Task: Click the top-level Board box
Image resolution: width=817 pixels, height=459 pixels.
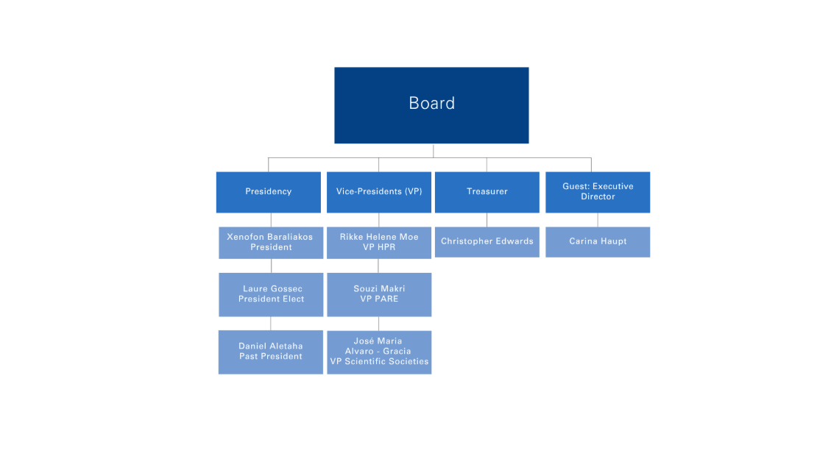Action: coord(431,105)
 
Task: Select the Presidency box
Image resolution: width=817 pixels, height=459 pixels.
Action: coord(269,192)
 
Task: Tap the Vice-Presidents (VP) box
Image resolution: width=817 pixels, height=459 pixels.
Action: coord(379,192)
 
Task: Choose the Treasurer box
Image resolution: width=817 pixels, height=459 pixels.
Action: coord(487,192)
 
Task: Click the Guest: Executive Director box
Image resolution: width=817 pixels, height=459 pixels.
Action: coord(598,192)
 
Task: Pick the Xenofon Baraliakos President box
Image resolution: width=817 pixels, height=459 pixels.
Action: coord(271,243)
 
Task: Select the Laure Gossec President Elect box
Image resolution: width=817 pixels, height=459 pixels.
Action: coord(271,294)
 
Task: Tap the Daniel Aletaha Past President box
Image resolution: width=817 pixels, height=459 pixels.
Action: coord(271,352)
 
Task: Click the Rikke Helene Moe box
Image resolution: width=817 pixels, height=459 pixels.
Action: coord(379,243)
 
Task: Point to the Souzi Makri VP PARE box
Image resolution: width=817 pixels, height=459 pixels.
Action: coord(379,294)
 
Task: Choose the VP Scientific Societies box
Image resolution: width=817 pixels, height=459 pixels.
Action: coord(379,352)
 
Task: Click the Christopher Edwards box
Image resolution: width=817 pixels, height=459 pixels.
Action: coord(487,242)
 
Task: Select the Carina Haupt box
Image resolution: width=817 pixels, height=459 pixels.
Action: coord(598,242)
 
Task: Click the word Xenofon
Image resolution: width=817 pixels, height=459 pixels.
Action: coord(245,237)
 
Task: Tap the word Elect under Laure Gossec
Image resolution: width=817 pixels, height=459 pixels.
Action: coord(294,299)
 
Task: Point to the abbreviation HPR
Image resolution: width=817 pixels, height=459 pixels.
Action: coord(386,247)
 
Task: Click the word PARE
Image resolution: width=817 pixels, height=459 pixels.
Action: coord(386,299)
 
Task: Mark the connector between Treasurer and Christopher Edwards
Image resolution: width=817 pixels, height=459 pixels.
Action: coord(487,220)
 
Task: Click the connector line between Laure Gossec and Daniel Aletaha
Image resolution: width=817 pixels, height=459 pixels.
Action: coord(271,324)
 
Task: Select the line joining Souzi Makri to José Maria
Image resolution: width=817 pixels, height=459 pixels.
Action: coord(379,324)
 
